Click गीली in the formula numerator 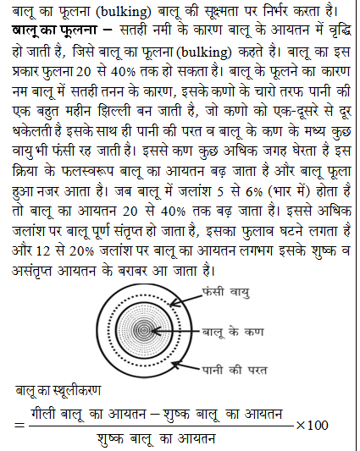pos(47,412)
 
